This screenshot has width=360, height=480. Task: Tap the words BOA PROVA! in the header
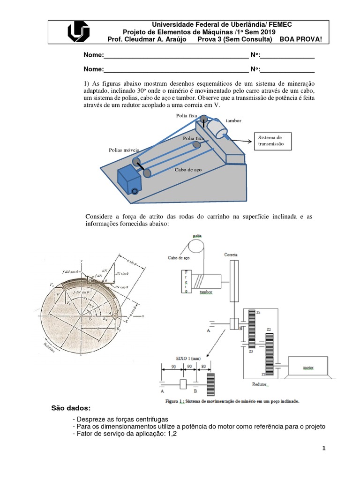[x=301, y=39]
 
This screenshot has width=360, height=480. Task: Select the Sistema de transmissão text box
[x=272, y=141]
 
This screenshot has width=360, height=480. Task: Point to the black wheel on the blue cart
[x=135, y=191]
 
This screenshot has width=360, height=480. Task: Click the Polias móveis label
[x=123, y=150]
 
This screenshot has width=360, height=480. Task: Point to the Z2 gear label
[x=269, y=330]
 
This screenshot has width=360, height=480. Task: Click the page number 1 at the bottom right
[x=323, y=449]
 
